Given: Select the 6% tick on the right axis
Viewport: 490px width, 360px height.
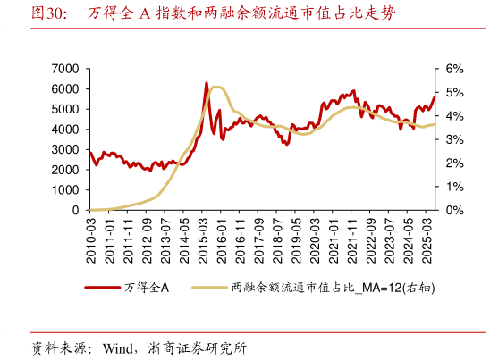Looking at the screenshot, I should (454, 69).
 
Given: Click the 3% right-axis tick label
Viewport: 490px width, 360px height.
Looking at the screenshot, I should (454, 139).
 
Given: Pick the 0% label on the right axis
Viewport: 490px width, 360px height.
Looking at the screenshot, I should (454, 211).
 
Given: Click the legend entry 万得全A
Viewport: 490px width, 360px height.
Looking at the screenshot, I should (142, 288).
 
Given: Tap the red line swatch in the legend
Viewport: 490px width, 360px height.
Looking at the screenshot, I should (103, 288).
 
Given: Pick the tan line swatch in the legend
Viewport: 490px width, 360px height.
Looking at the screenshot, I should (210, 288).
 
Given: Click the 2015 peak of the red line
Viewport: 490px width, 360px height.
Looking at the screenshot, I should (207, 83).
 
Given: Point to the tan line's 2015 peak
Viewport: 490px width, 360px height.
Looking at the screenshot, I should (217, 87).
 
